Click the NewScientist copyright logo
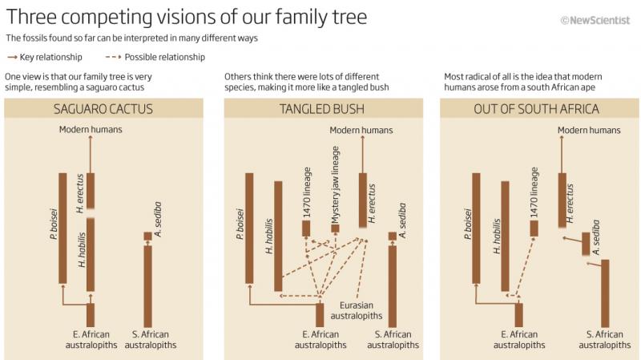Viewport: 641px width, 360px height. click(x=595, y=20)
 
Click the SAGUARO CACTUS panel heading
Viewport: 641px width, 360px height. click(x=103, y=109)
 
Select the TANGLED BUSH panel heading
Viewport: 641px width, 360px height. click(x=322, y=109)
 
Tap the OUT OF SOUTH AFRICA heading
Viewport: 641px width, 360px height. click(x=536, y=109)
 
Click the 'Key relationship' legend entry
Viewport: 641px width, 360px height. click(x=45, y=57)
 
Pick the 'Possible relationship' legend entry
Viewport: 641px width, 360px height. click(x=155, y=57)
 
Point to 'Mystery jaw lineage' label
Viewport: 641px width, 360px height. click(x=336, y=184)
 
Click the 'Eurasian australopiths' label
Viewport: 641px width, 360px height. click(x=357, y=310)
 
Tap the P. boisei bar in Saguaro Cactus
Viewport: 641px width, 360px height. click(x=62, y=228)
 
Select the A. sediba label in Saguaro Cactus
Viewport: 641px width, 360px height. click(x=158, y=219)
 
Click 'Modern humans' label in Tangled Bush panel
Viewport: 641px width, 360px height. click(x=361, y=130)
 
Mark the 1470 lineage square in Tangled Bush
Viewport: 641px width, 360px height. click(x=306, y=229)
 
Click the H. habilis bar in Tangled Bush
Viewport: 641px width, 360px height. click(x=278, y=236)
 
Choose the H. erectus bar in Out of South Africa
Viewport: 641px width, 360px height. click(x=562, y=200)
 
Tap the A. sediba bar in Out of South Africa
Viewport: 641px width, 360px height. click(x=586, y=244)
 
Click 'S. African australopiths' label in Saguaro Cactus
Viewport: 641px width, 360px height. click(x=151, y=339)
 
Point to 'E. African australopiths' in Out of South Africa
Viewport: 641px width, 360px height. click(x=519, y=339)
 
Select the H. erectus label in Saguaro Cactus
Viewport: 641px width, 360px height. click(x=80, y=193)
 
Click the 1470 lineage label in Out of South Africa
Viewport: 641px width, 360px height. click(x=534, y=192)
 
